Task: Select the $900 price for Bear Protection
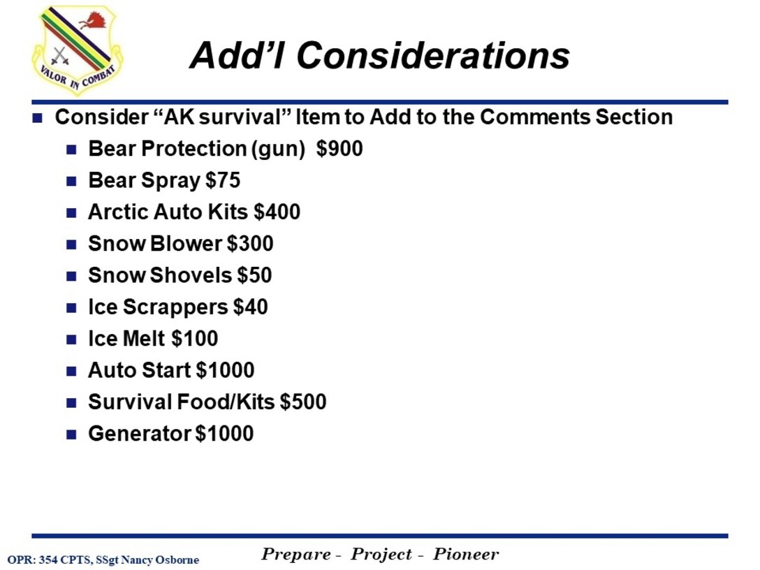pyautogui.click(x=339, y=149)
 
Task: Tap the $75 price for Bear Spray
pyautogui.click(x=223, y=180)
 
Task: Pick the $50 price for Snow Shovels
pyautogui.click(x=254, y=275)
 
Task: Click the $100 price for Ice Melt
pyautogui.click(x=194, y=339)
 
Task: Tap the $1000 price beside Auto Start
pyautogui.click(x=225, y=370)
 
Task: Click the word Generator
pyautogui.click(x=139, y=434)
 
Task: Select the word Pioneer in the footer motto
pyautogui.click(x=466, y=555)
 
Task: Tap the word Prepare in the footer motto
pyautogui.click(x=296, y=555)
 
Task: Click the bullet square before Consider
pyautogui.click(x=38, y=117)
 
